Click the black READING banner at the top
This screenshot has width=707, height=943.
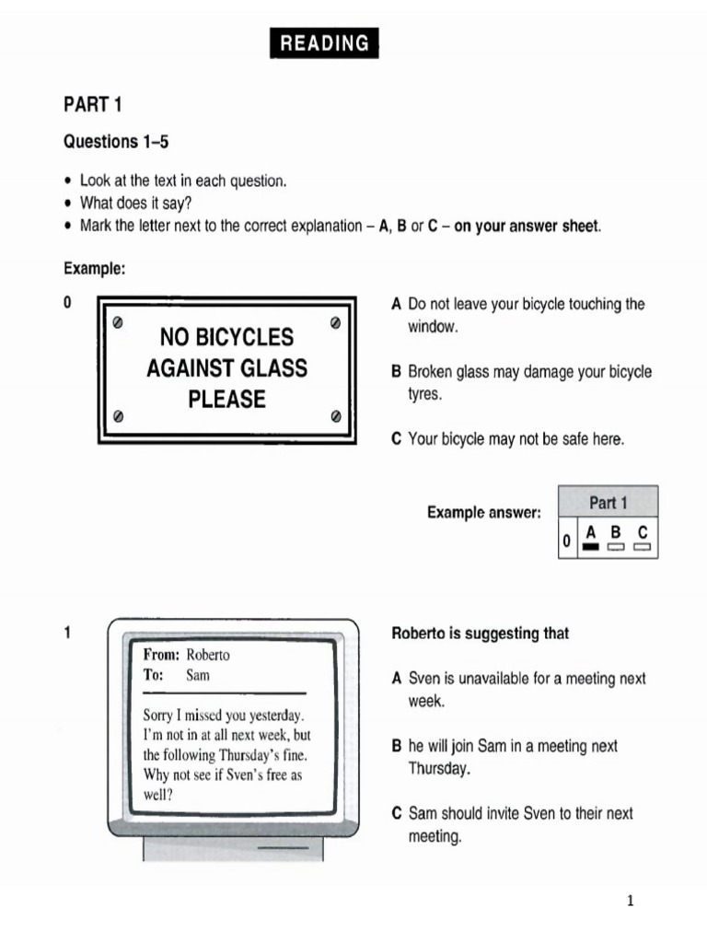pos(324,43)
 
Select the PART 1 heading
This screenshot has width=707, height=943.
pos(93,105)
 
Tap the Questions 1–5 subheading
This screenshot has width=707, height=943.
pos(116,142)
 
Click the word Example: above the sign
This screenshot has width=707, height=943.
pos(94,269)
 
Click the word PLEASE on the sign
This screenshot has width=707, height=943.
pos(226,400)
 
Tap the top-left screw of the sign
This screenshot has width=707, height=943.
pos(118,323)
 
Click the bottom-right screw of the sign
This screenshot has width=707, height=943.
pos(335,415)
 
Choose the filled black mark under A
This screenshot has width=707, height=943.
pos(590,547)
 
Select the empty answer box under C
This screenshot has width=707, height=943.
pos(643,547)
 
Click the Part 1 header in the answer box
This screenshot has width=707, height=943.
pos(608,503)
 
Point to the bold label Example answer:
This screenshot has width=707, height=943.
pos(483,512)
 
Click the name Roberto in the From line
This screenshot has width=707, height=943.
pos(208,655)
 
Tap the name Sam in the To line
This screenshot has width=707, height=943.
pos(198,675)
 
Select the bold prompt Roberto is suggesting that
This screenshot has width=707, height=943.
pos(481,634)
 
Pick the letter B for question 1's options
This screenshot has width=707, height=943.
pos(397,746)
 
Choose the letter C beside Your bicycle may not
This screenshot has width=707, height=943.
pos(397,439)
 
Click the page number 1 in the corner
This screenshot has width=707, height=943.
pos(631,901)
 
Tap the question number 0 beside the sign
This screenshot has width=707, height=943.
pos(67,303)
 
